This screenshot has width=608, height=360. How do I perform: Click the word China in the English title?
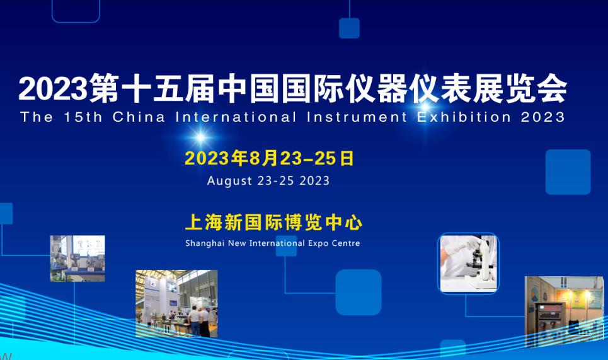click(139, 117)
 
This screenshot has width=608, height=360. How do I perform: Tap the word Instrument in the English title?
click(357, 117)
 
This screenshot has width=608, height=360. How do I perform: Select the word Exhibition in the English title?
click(464, 117)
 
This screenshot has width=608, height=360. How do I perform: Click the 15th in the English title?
click(83, 117)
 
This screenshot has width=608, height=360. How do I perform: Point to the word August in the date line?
click(229, 181)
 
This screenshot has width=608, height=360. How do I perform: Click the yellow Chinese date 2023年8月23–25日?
click(269, 158)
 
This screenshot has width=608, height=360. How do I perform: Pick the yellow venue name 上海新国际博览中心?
click(273, 223)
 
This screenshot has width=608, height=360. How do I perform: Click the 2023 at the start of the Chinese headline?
click(53, 89)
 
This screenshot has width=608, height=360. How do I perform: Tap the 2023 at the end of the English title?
click(543, 117)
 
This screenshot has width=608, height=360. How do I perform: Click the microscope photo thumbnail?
click(468, 264)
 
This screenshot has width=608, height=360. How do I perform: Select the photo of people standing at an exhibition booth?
click(176, 303)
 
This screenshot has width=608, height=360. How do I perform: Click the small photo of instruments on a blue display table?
click(77, 258)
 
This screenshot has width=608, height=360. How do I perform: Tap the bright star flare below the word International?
click(200, 137)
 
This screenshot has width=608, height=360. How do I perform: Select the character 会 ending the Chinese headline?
click(552, 89)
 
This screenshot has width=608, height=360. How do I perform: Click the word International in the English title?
click(236, 117)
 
